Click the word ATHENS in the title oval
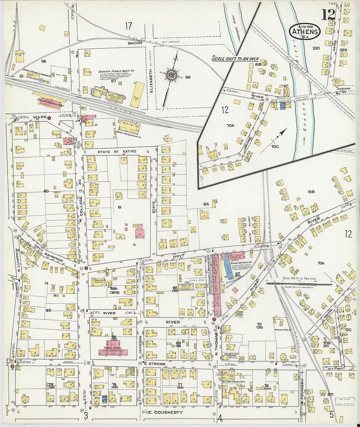point(305,32)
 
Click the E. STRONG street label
point(155,364)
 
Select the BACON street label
point(135,43)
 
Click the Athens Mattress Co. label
point(241,262)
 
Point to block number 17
point(128,25)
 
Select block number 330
point(316,48)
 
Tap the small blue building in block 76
point(104,399)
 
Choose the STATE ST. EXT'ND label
point(117,152)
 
